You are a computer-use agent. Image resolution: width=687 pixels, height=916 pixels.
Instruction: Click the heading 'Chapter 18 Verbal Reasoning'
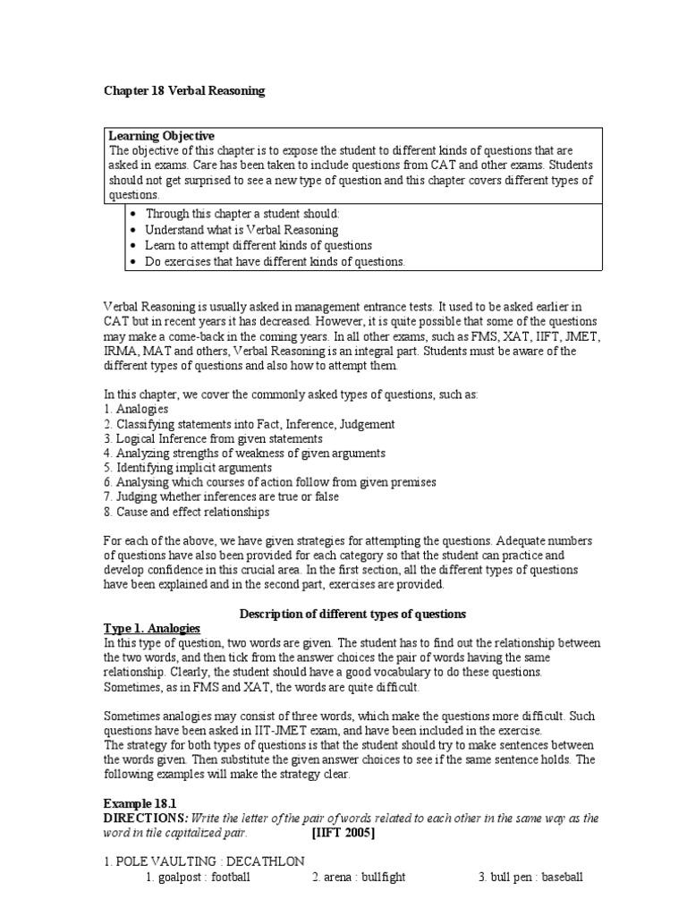pos(184,91)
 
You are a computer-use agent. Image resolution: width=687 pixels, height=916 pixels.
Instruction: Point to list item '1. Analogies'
pos(136,409)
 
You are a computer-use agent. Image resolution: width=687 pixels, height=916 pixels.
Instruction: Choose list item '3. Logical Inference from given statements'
pos(213,439)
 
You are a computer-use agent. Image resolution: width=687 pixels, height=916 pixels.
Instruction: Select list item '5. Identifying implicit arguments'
pos(188,468)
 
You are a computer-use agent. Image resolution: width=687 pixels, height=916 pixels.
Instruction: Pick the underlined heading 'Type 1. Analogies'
pos(152,629)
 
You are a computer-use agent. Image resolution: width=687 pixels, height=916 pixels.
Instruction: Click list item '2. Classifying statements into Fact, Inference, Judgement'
pos(249,424)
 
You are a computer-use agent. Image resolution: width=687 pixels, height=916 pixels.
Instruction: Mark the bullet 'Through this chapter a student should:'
pos(243,215)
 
